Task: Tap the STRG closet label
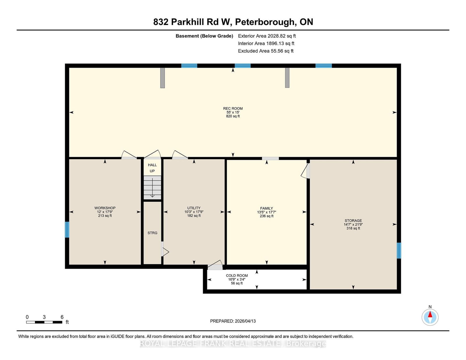[x=152, y=233]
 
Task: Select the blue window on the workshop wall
[x=67, y=230]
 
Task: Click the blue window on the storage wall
[x=399, y=251]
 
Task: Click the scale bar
[x=44, y=322]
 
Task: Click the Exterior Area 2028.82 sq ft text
[x=267, y=36]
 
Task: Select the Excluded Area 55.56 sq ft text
[x=266, y=51]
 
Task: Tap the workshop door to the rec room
[x=129, y=155]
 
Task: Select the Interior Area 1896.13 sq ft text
[x=266, y=43]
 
